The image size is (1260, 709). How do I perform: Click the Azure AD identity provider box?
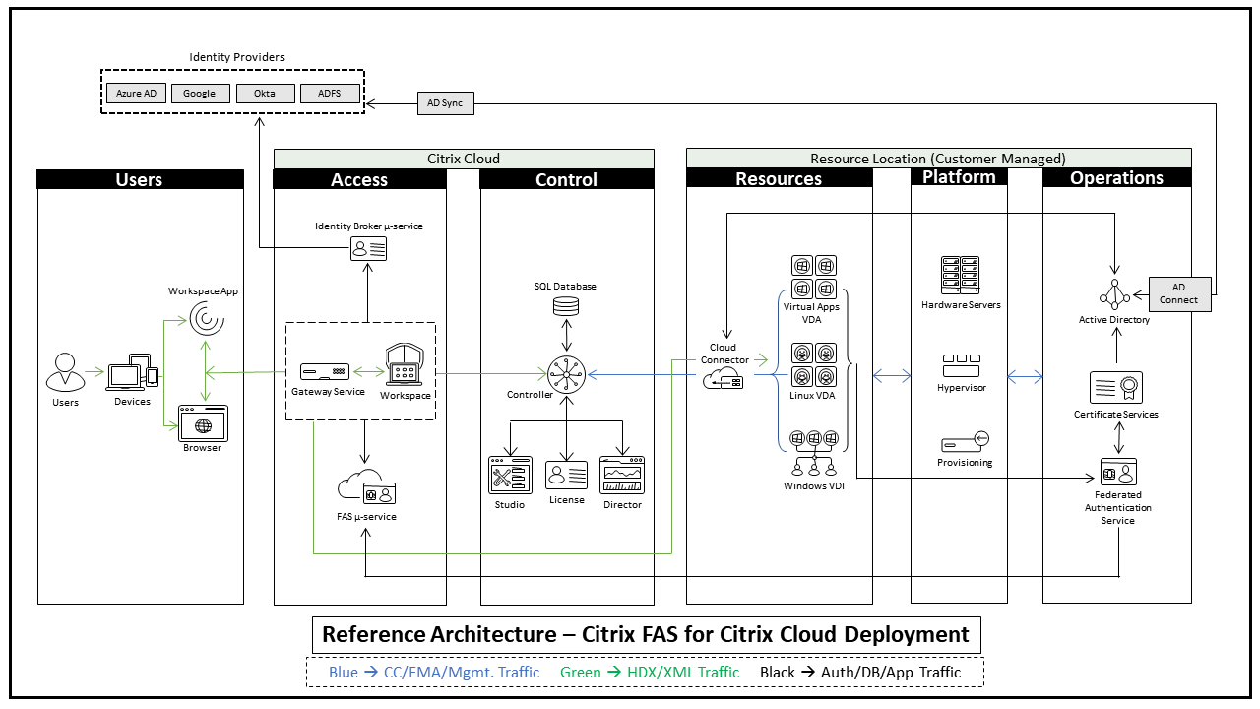click(136, 94)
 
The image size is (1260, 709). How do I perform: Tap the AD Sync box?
click(445, 102)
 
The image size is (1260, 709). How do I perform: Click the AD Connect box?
click(1178, 293)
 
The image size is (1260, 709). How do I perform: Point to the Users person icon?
click(65, 373)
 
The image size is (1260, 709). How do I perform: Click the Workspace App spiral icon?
click(205, 319)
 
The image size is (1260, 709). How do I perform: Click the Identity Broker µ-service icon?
click(369, 249)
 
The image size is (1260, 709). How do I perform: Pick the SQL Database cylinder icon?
click(566, 305)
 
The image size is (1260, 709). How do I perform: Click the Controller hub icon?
click(567, 373)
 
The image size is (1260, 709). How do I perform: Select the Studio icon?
click(510, 476)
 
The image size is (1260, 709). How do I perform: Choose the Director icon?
click(622, 476)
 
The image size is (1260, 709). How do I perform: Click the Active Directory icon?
click(1114, 294)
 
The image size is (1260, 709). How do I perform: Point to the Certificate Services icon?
click(1115, 388)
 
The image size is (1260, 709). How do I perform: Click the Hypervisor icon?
click(962, 365)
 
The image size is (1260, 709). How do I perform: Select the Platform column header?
click(959, 177)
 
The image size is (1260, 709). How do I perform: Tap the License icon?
click(567, 476)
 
